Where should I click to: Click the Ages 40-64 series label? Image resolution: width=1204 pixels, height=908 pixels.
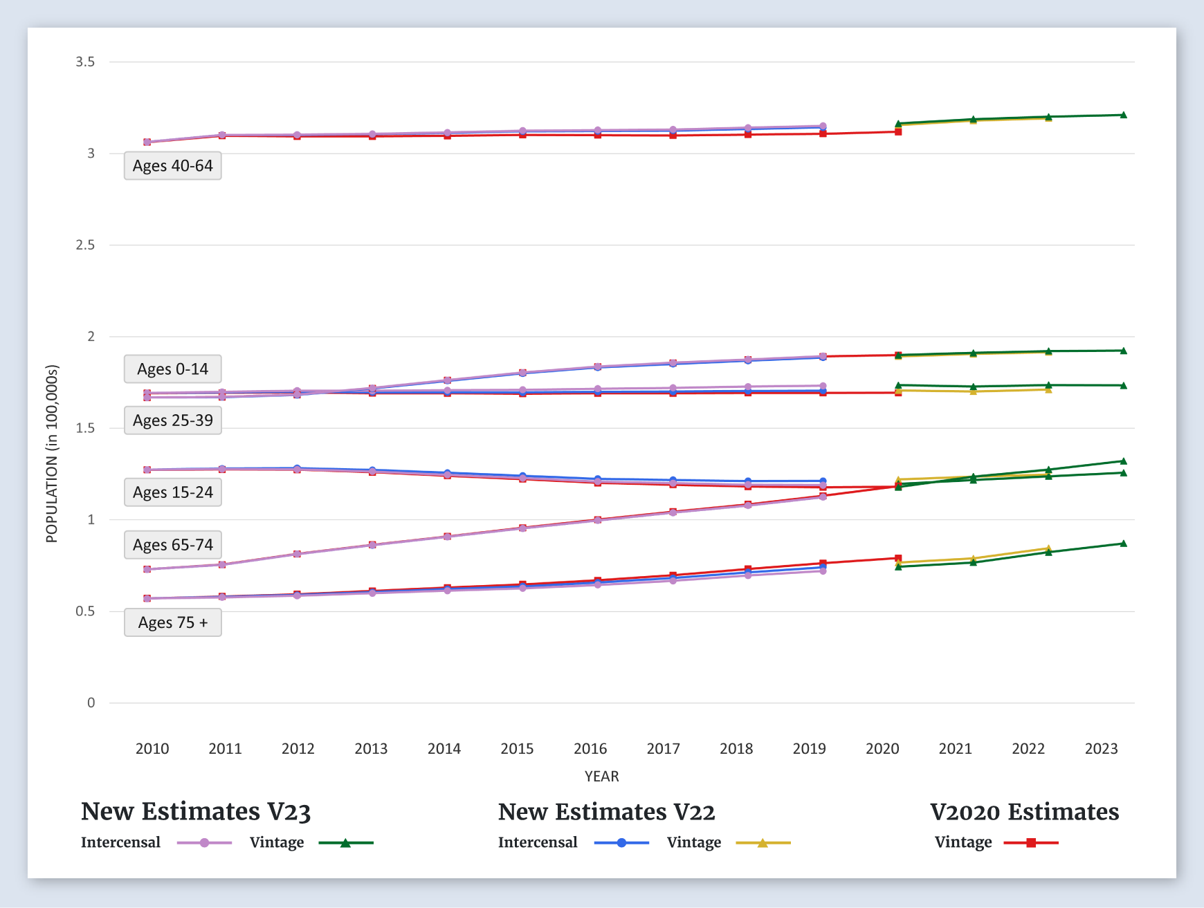173,166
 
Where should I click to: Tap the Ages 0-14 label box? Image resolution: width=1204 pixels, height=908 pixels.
173,369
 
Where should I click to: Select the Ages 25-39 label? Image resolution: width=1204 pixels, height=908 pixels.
173,420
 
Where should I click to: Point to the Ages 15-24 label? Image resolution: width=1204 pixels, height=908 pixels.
173,492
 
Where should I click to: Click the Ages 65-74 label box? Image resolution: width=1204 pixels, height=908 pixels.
173,545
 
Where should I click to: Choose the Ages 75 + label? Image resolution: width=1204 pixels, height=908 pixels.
173,622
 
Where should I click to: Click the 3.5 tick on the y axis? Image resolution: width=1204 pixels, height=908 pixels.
85,62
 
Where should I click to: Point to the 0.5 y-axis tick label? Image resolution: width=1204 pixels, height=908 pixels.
85,611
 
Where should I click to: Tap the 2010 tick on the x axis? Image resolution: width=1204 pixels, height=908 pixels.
152,748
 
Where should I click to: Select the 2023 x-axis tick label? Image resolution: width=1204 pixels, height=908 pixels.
1101,748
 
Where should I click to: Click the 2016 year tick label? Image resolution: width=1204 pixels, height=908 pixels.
590,748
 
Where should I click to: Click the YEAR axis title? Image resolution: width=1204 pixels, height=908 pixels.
601,776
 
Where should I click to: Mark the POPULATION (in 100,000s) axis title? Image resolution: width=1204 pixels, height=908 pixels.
52,454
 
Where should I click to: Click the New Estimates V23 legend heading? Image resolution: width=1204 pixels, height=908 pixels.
196,812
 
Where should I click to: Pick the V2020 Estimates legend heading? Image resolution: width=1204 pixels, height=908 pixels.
1024,812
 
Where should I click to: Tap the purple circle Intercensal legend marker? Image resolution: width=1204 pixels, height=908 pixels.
204,843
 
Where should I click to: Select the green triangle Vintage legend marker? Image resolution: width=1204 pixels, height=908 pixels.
345,843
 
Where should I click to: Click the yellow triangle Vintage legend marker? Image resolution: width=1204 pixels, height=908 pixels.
763,843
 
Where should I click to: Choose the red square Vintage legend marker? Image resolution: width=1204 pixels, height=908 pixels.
1031,843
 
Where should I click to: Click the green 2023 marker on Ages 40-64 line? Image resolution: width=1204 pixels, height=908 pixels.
1123,115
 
